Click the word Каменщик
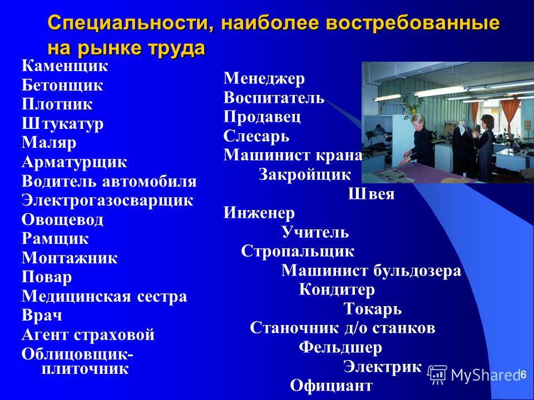pos(65,66)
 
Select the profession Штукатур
pos(62,123)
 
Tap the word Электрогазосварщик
pos(107,200)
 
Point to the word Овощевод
pos(62,220)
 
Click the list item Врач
pos(42,316)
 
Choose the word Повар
pos(47,277)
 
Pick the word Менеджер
pos(264,79)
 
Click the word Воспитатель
pos(274,98)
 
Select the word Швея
pos(371,194)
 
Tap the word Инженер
pos(259,213)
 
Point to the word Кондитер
pos(337,290)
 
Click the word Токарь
pos(372,309)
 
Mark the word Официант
pos(331,386)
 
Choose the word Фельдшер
pos(340,347)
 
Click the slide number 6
pos(523,374)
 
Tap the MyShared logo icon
pos(437,375)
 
